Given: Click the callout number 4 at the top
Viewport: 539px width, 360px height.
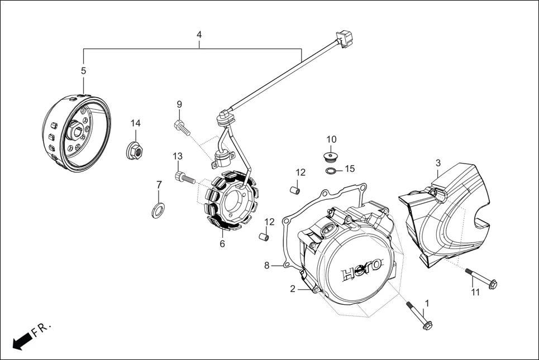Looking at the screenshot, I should click(199, 35).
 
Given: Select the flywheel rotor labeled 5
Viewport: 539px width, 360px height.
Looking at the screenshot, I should click(77, 132).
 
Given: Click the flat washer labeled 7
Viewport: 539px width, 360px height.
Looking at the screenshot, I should click(159, 210).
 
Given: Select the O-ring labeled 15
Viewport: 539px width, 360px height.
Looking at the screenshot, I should click(331, 170).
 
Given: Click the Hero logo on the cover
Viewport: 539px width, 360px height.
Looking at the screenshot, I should click(361, 268).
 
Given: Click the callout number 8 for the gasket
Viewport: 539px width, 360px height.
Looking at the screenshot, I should click(267, 265).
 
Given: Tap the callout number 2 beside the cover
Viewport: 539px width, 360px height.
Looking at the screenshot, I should click(292, 289).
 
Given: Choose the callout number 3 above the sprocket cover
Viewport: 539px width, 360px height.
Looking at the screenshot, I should click(438, 162).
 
